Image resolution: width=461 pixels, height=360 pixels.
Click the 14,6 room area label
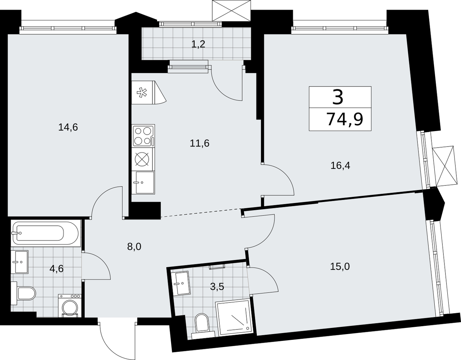pos(68,127)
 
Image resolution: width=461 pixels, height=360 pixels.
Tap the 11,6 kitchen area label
pos(200,144)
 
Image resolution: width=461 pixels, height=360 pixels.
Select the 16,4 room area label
pos(340,166)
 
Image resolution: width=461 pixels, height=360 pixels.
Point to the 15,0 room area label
pos(340,267)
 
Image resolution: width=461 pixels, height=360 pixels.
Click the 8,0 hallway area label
pos(134,247)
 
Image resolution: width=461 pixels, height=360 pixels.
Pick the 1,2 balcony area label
pos(198,44)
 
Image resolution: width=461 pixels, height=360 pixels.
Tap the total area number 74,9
pos(345,120)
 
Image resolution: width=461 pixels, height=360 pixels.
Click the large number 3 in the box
pos(338,97)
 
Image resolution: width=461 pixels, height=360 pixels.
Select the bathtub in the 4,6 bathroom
pos(46,233)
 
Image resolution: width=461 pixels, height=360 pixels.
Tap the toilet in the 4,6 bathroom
pos(23,293)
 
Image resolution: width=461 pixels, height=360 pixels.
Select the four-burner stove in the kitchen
pos(143,136)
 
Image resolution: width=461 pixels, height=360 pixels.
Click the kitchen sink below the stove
pos(143,182)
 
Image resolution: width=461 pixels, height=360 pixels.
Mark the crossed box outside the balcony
pos(232,10)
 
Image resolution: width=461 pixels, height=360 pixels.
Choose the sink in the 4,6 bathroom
pos(19,262)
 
